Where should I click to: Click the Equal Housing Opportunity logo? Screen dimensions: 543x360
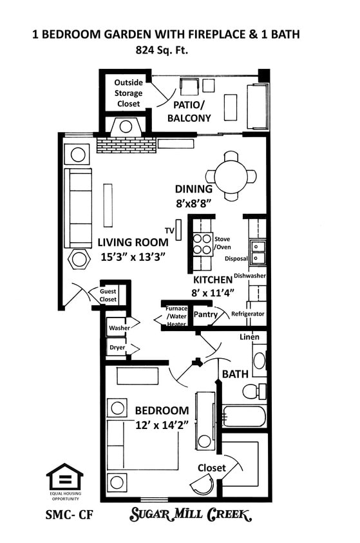(64, 481)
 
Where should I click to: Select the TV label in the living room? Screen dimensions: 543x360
(169, 231)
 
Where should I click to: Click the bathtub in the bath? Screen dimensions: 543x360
(244, 416)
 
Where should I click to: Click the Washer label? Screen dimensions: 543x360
(119, 328)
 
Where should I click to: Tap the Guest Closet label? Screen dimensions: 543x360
(108, 295)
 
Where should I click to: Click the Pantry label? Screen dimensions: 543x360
(205, 314)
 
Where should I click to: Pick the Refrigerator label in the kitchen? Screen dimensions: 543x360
(248, 314)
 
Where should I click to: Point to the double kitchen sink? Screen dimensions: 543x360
(258, 252)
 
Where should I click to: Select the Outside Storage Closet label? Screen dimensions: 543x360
(128, 93)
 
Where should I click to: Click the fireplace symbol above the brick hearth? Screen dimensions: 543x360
(126, 126)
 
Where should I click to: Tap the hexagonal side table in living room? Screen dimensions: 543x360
(80, 260)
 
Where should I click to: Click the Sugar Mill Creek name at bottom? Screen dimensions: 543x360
(191, 514)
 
